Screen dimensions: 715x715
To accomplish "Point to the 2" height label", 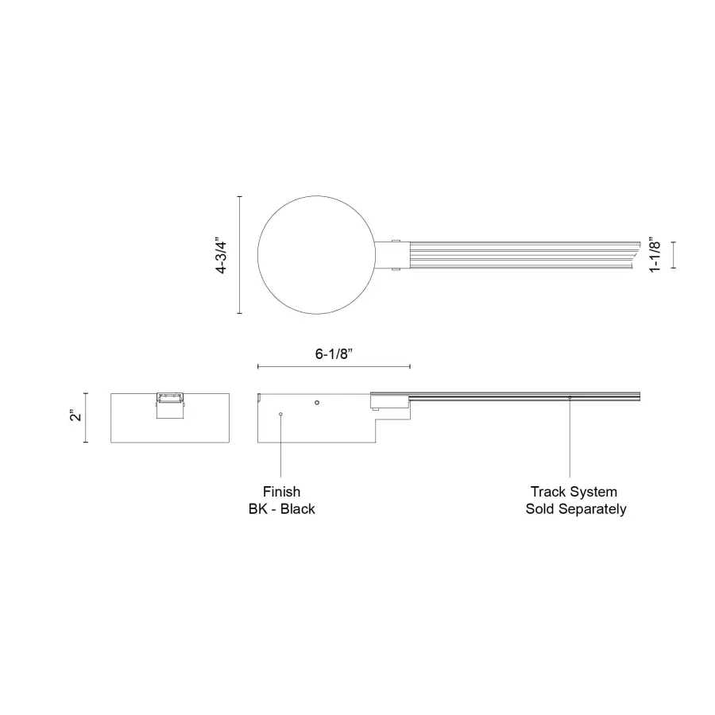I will coord(74,416).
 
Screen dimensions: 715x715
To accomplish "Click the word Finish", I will coord(281,492).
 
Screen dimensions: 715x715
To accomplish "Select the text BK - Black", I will coord(281,509).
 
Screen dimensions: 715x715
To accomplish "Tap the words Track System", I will coord(574,492).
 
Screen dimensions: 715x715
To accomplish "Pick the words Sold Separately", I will coord(575,509).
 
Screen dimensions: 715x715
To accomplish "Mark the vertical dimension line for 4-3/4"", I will coord(240,255).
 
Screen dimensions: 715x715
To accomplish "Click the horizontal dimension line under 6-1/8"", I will coord(334,366).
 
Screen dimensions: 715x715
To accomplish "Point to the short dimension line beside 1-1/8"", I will coord(674,255).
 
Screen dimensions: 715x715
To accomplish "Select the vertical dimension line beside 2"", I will coord(86,417).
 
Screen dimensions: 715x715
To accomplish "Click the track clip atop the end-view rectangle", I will coord(169,404).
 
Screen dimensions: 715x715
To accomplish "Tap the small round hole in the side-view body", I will coord(317,403).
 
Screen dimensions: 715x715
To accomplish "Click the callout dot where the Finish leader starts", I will coord(280,414).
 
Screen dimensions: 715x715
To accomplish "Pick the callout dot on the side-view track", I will coord(570,397).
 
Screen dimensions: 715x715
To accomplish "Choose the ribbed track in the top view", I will coord(516,255).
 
